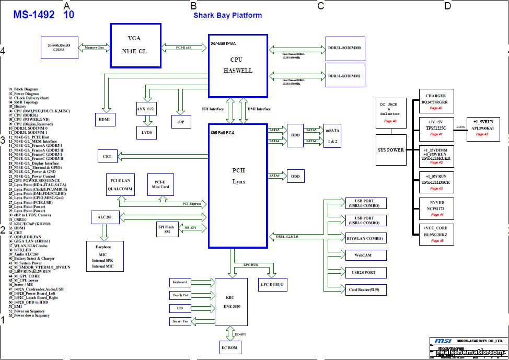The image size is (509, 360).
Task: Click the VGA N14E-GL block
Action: pos(135,45)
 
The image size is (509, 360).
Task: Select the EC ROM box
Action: pos(230,347)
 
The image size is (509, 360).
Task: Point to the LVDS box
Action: pos(146,132)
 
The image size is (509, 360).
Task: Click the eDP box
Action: pos(181,121)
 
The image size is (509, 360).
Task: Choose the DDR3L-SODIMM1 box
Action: pos(347,76)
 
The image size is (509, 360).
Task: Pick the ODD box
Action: pos(295,177)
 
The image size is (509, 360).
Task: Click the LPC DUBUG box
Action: pos(272,284)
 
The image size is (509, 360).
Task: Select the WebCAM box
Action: pos(366,255)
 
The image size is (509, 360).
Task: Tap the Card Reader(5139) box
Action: pos(366,289)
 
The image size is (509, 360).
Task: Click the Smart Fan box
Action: pos(180,321)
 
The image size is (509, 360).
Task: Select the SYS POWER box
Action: pos(391,150)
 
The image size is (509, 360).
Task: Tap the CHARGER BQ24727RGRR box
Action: pos(436,100)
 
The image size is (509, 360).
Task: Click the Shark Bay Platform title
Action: pos(228,15)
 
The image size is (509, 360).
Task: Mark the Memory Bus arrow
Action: pos(94,48)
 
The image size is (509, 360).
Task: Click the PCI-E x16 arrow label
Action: pos(183,48)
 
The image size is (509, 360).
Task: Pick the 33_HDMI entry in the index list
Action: pos(17,228)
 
